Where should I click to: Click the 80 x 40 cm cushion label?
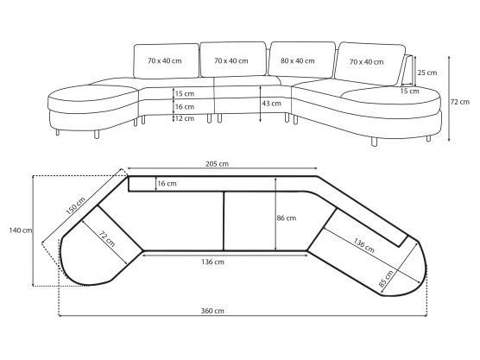(x=298, y=61)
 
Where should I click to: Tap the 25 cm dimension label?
(x=427, y=73)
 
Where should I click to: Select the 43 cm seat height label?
(x=271, y=104)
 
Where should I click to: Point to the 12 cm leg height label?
(x=185, y=118)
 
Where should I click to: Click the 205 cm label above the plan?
(x=217, y=164)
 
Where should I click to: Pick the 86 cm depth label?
(x=287, y=218)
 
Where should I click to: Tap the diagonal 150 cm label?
(x=76, y=205)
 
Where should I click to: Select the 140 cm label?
(x=21, y=231)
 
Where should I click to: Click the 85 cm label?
(x=386, y=279)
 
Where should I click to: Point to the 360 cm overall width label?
(x=212, y=311)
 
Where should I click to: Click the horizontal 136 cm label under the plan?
(x=212, y=262)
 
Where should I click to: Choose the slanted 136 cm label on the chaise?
(x=363, y=245)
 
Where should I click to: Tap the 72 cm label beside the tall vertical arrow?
(x=460, y=102)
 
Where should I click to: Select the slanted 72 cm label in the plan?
(x=107, y=238)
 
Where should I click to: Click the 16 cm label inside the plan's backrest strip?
(x=167, y=184)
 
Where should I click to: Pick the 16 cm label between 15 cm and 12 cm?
(x=185, y=107)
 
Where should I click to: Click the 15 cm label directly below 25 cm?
(x=409, y=92)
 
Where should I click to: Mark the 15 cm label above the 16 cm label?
(x=185, y=94)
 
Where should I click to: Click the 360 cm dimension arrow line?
(x=243, y=316)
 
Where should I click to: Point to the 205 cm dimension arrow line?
(x=223, y=168)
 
